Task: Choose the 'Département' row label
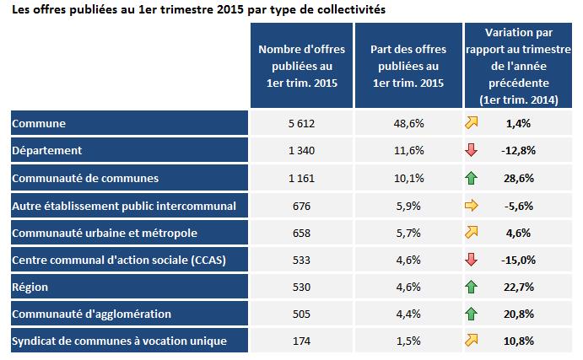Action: tap(47, 151)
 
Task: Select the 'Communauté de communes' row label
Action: tap(85, 178)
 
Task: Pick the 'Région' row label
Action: tap(30, 287)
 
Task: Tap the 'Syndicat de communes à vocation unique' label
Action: tap(119, 341)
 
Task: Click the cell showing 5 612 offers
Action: tap(300, 124)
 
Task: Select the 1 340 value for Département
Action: tap(300, 151)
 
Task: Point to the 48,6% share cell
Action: tap(408, 124)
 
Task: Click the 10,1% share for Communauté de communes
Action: tap(408, 178)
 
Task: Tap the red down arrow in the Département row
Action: tap(472, 151)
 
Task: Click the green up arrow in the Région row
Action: tap(472, 287)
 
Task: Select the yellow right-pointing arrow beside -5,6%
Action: tap(472, 205)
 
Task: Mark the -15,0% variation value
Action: tap(518, 260)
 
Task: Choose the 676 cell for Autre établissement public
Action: tap(300, 205)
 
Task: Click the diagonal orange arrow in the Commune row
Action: tap(472, 123)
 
